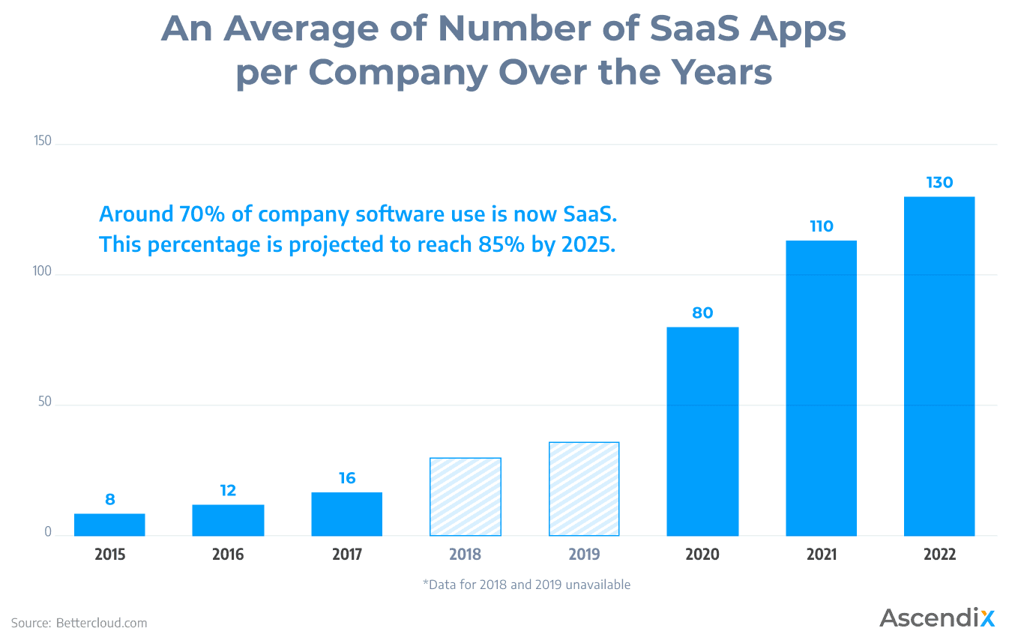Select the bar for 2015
tap(109, 525)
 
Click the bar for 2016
tap(228, 520)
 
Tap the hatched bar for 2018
tap(466, 497)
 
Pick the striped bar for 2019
tap(584, 489)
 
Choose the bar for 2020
tap(702, 432)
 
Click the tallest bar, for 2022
tap(939, 366)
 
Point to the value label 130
tap(939, 182)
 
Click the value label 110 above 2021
tap(822, 226)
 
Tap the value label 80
tap(702, 313)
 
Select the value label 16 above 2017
tap(347, 478)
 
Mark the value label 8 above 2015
tap(110, 500)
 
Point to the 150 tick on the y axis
tap(43, 142)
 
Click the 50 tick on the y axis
tap(45, 402)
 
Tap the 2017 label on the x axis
tap(347, 555)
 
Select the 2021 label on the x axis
tap(822, 555)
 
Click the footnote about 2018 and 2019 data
tap(526, 585)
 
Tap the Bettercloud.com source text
tap(101, 623)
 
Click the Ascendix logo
tap(937, 618)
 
